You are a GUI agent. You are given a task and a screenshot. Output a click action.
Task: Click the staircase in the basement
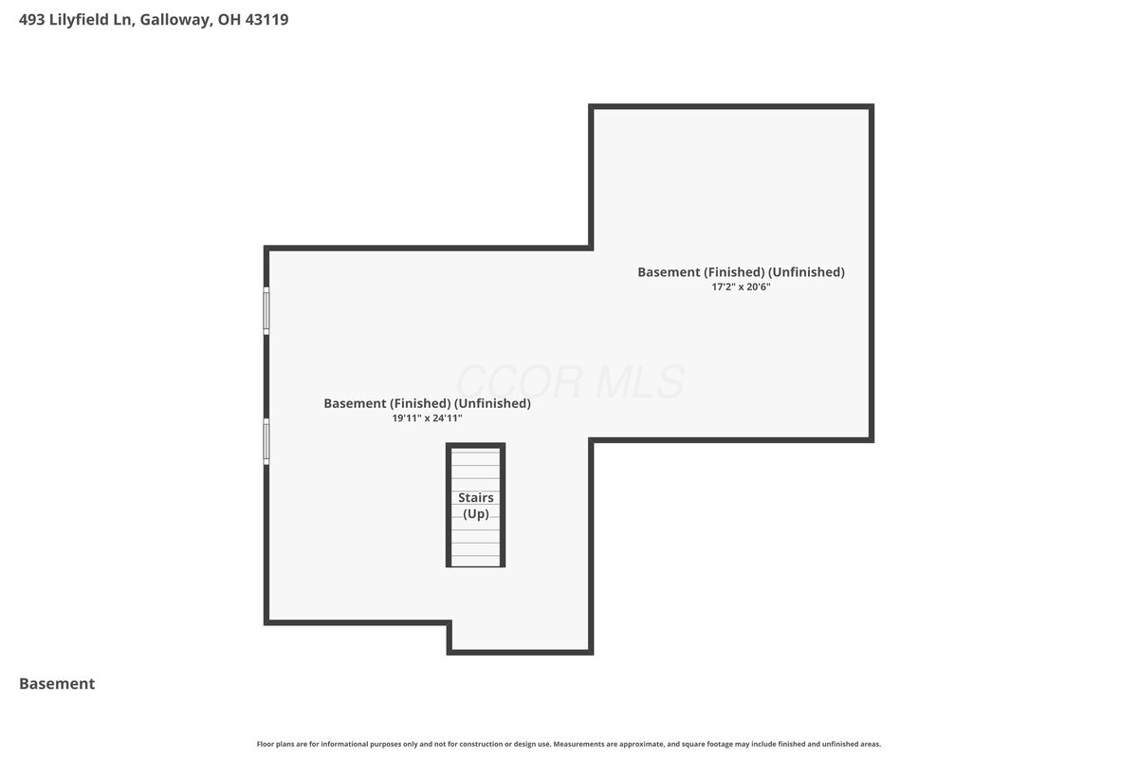[475, 505]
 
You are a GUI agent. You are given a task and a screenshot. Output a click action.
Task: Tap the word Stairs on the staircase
[475, 497]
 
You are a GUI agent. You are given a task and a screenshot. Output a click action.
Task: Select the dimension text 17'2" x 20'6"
[741, 287]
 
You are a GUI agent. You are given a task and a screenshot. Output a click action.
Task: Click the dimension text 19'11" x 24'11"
[427, 417]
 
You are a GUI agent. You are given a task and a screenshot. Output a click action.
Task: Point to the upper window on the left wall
[266, 310]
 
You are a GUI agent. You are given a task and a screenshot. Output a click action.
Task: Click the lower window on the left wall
[266, 441]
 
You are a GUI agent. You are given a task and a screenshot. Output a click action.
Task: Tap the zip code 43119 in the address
[266, 19]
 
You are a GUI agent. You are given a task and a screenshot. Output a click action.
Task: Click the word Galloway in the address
[175, 20]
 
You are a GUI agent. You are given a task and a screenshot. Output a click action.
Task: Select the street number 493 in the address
[31, 19]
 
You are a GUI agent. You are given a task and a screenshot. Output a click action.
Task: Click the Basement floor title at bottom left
[57, 683]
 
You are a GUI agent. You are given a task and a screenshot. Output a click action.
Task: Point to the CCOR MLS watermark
[570, 381]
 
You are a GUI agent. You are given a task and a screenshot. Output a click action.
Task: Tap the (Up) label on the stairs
[475, 514]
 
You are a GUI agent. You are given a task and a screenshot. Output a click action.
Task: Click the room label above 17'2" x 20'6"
[741, 272]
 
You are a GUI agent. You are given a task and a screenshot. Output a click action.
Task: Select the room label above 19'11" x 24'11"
[428, 403]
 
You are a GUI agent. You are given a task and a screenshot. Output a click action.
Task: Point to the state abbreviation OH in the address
[229, 19]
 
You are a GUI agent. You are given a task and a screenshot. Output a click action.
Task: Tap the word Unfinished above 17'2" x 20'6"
[806, 272]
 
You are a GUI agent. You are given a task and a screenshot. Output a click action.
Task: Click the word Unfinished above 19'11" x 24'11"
[492, 403]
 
